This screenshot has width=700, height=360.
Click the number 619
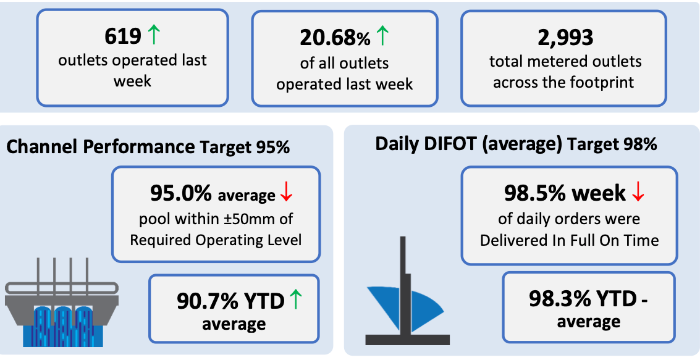click(x=123, y=36)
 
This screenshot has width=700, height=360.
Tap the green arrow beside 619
click(x=153, y=35)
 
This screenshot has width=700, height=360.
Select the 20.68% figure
click(x=335, y=38)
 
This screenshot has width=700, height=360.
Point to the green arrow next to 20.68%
click(x=382, y=36)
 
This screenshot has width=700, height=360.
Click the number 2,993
click(x=565, y=38)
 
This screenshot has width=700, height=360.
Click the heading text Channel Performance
click(x=101, y=147)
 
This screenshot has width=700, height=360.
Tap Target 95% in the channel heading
click(x=245, y=148)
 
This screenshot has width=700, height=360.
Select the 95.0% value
click(x=181, y=194)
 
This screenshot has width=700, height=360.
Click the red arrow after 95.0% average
click(x=285, y=194)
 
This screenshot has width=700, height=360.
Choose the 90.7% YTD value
click(x=231, y=301)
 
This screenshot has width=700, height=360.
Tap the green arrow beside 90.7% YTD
click(x=295, y=299)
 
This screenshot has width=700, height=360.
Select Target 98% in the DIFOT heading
click(x=612, y=144)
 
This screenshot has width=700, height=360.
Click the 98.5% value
click(x=535, y=194)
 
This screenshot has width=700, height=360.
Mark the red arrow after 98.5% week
click(x=639, y=192)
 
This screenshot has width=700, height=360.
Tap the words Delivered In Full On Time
click(x=569, y=241)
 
